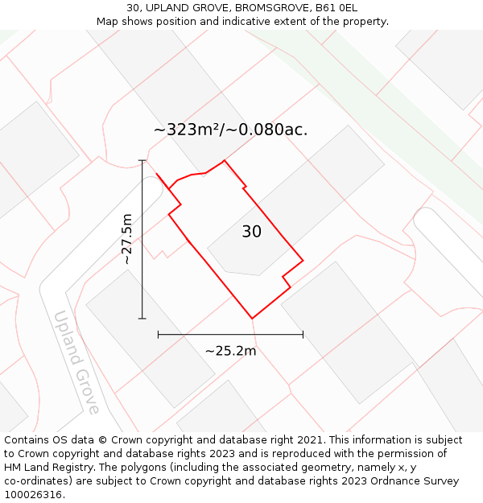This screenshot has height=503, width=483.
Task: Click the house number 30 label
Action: coord(251,232)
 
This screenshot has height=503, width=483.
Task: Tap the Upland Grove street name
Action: coord(76,362)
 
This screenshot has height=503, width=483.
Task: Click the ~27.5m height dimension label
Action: coord(126,239)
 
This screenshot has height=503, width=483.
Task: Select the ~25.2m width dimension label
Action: coord(230,351)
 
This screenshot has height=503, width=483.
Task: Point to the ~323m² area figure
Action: coord(187,129)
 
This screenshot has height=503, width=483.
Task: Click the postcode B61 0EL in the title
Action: coord(336,8)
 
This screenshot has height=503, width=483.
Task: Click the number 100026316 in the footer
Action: coord(32,495)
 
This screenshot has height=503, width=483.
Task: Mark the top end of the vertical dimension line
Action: coord(142,160)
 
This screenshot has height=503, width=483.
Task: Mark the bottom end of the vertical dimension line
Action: coord(142,319)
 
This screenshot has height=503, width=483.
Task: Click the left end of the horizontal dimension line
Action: coord(159,334)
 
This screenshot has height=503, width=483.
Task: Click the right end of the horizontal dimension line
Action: coord(303,334)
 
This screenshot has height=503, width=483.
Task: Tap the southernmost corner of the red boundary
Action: coord(253,319)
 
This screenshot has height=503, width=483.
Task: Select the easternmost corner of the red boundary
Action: coord(303,260)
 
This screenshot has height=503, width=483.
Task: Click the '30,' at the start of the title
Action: coord(135,8)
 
